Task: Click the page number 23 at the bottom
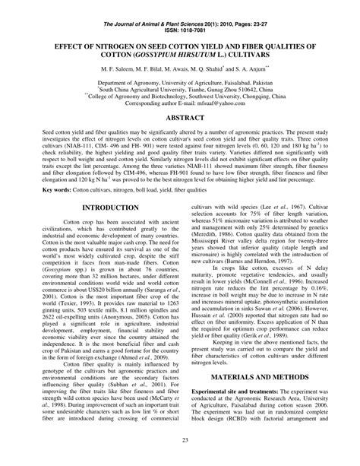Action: pos(180,440)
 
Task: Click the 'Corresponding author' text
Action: pos(153,103)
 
